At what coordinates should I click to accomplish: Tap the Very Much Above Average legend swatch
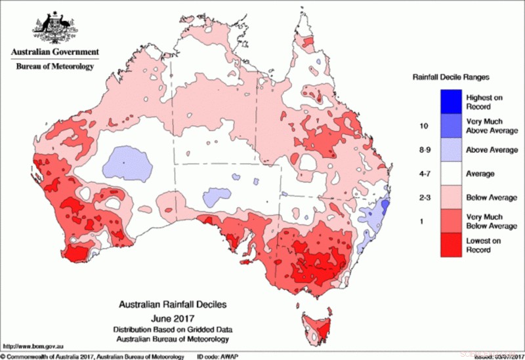pyautogui.click(x=453, y=126)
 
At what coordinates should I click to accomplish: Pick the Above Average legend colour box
pyautogui.click(x=453, y=150)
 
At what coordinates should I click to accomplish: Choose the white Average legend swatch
pyautogui.click(x=453, y=174)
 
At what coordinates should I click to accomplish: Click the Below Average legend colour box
pyautogui.click(x=453, y=197)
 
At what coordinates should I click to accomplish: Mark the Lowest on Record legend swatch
pyautogui.click(x=453, y=245)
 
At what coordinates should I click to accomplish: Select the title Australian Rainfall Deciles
pyautogui.click(x=173, y=305)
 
